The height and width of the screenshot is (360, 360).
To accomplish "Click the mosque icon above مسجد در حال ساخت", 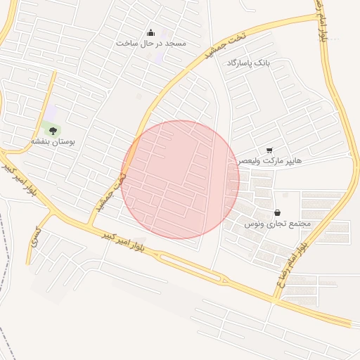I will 150,33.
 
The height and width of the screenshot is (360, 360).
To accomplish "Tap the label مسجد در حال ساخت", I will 151,44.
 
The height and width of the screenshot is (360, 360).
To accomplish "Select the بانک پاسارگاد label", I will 247,63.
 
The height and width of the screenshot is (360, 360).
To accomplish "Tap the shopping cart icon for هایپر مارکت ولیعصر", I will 269,150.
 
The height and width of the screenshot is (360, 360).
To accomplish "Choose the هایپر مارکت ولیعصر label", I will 269,161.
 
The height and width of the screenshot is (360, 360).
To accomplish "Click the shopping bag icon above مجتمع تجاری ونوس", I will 277,212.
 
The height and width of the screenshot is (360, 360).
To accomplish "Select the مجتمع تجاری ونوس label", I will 277,224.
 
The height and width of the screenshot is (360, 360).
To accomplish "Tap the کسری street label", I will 35,237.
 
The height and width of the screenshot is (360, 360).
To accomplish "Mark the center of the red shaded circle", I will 180,179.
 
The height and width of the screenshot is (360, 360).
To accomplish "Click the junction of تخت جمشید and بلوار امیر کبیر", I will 89,226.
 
